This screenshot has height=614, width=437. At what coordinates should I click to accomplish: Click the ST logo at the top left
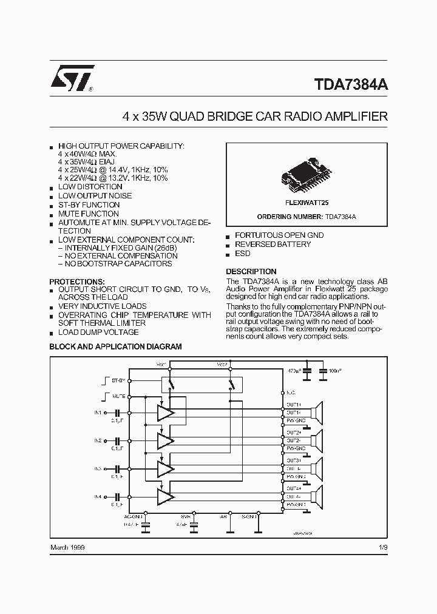(72, 79)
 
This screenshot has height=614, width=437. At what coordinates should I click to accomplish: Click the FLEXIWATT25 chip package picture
(307, 173)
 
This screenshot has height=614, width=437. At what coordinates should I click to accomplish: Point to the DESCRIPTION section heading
(251, 271)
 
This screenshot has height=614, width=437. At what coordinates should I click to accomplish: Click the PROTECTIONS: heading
(76, 282)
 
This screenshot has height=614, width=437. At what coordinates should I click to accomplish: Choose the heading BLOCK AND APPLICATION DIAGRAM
(115, 346)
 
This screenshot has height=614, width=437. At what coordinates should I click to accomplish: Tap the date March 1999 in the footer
(68, 548)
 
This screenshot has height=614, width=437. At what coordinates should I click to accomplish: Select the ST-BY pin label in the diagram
(118, 380)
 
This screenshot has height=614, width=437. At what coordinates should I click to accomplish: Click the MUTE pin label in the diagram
(119, 396)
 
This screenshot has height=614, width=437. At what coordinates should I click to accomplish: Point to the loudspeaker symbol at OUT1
(317, 413)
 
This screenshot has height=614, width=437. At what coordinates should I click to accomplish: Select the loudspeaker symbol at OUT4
(317, 496)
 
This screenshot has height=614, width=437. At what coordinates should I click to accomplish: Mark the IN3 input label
(98, 468)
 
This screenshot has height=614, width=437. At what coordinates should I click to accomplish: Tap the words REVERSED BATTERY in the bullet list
(273, 244)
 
